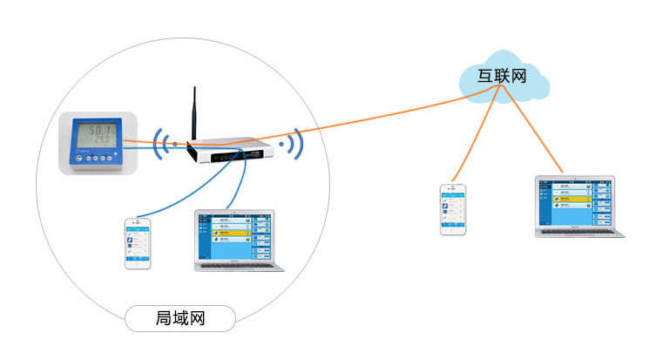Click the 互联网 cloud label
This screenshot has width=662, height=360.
[x=503, y=76]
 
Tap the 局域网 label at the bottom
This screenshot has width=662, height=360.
[x=179, y=319]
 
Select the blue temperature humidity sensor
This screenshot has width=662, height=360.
[x=95, y=142]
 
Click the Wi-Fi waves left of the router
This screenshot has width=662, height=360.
[x=160, y=143]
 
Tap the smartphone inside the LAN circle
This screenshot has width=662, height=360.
[x=138, y=242]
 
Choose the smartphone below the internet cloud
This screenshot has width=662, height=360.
[x=451, y=208]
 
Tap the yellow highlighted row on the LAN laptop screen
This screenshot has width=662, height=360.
[x=228, y=234]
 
